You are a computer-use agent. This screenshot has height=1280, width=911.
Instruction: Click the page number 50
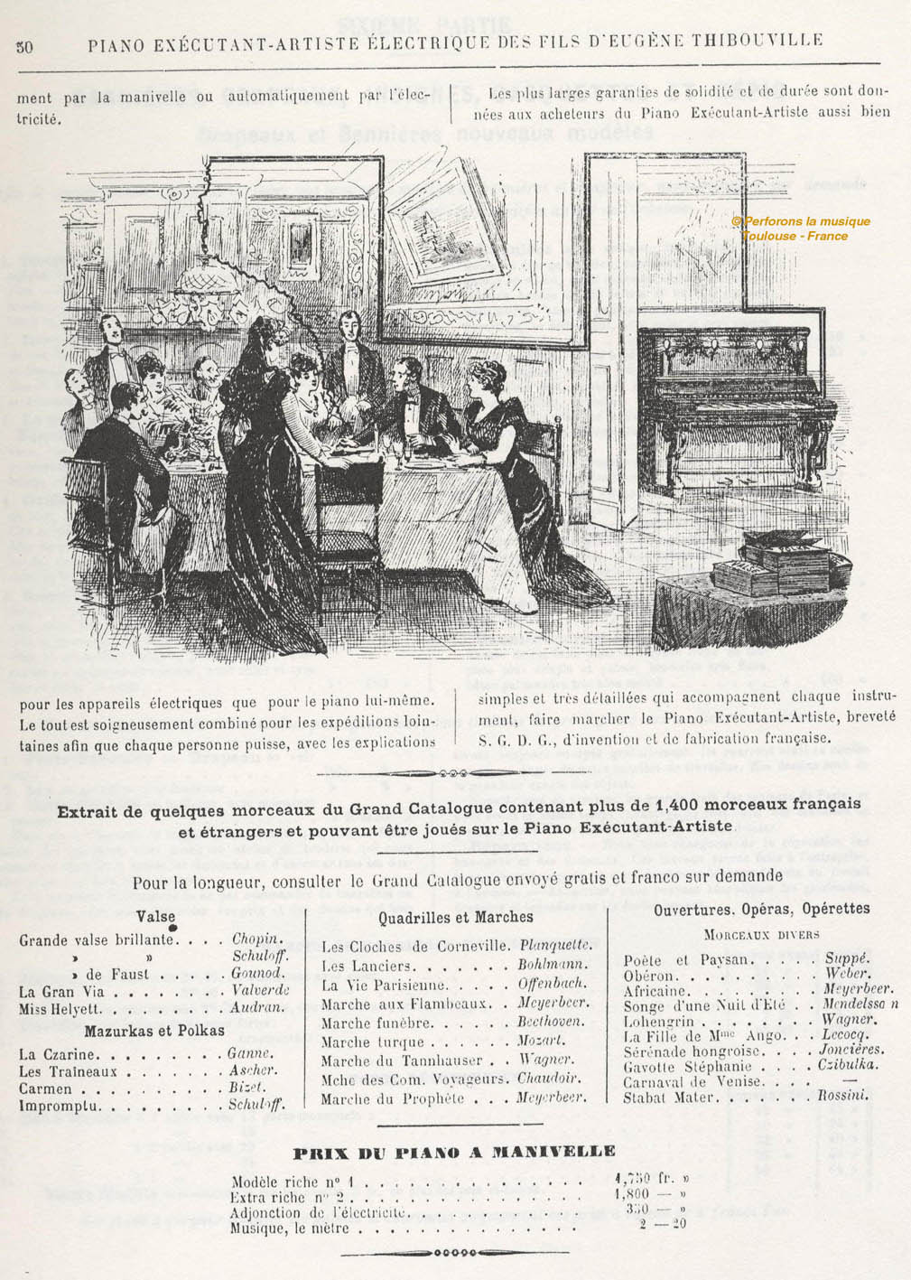point(24,47)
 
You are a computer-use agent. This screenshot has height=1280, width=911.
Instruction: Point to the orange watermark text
point(800,229)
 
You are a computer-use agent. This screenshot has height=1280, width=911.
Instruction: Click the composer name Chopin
point(257,939)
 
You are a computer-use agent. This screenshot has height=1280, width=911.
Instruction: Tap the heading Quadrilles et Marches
point(456,917)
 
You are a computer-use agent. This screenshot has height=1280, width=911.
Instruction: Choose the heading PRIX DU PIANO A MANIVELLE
point(455,1152)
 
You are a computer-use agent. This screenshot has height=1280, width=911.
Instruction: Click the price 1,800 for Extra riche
point(632,1195)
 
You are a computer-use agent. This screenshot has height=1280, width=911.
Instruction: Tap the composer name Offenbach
point(551,984)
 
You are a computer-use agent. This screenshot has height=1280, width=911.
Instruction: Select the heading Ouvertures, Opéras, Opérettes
point(762,909)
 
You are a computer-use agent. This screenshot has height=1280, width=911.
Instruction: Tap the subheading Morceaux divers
point(761,934)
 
